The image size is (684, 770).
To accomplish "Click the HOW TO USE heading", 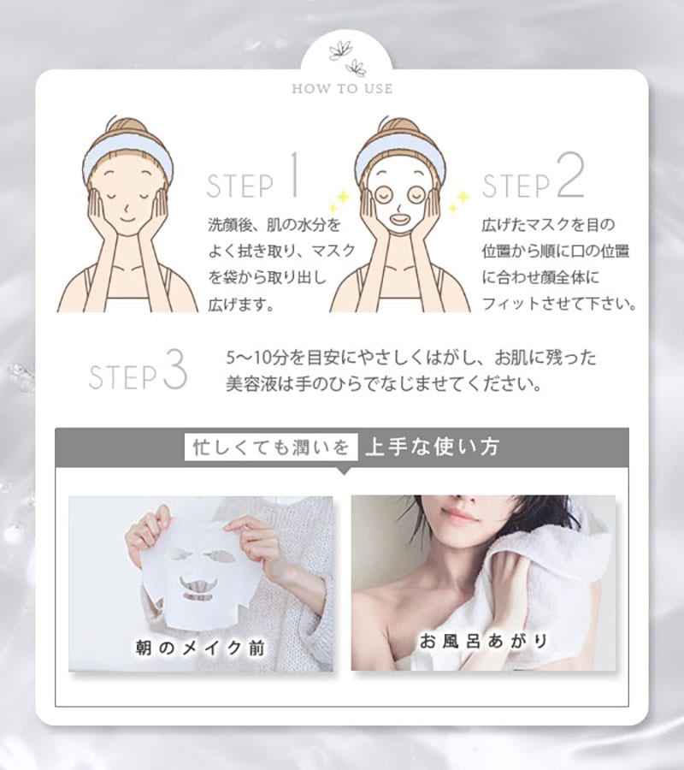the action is click(x=342, y=89).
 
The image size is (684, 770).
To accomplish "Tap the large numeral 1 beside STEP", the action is click(x=294, y=175).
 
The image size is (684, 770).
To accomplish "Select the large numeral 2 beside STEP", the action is click(x=571, y=175).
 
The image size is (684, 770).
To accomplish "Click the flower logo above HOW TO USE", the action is click(x=347, y=58).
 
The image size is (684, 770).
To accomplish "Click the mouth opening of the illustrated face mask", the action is click(x=399, y=216).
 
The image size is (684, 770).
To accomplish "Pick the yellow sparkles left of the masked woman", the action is click(x=339, y=201).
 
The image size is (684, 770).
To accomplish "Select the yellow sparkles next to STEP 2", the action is click(x=459, y=201).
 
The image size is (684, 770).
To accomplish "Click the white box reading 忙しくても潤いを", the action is click(x=271, y=447).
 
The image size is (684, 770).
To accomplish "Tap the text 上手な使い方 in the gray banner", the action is click(x=433, y=447).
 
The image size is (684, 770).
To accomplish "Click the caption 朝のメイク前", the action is click(x=200, y=648).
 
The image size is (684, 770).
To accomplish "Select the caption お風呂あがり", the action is click(x=484, y=640).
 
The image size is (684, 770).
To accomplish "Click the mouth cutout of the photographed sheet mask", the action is click(x=198, y=586).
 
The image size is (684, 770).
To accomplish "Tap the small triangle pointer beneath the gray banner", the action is click(x=345, y=471).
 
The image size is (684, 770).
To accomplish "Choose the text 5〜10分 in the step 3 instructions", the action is click(x=250, y=358).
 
